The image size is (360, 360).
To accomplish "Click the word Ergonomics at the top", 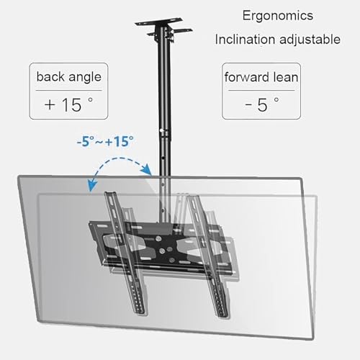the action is click(x=278, y=17).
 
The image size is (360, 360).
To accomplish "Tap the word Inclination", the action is click(x=245, y=39).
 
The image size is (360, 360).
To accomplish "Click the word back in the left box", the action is click(x=50, y=76).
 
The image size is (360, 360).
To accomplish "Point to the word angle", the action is click(x=85, y=78).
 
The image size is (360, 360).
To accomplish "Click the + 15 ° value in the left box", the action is click(x=68, y=104).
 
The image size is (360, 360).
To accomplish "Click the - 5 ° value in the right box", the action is click(x=262, y=104).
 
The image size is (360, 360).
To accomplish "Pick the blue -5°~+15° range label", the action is click(x=105, y=141).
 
